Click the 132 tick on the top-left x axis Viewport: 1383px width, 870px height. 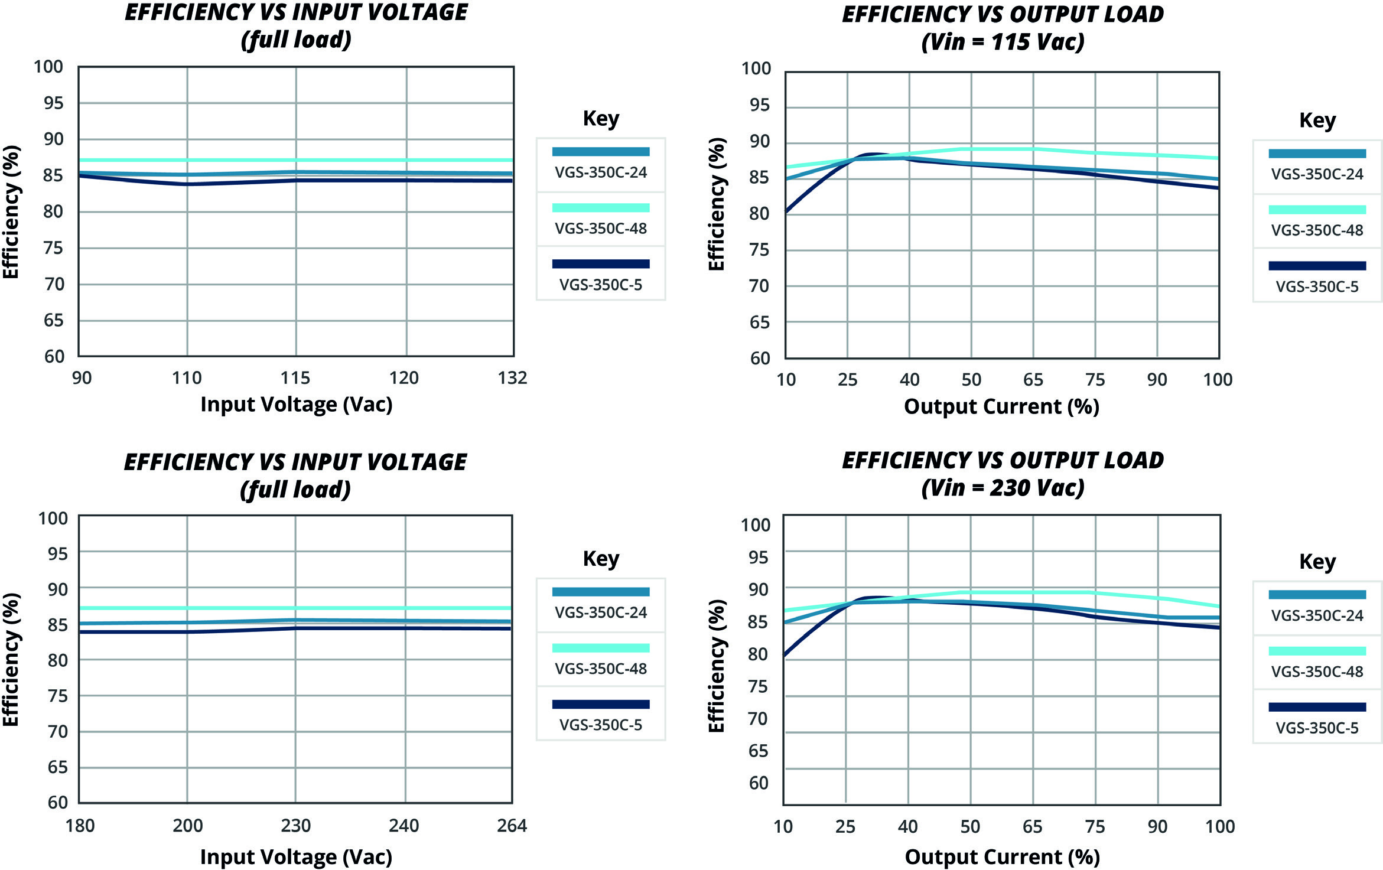512,378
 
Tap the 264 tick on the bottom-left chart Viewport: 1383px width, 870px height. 512,825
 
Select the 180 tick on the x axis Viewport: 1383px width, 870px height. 80,825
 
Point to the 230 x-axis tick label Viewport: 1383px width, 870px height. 295,825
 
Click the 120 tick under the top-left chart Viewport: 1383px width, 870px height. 404,378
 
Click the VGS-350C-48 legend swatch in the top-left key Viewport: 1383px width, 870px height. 600,208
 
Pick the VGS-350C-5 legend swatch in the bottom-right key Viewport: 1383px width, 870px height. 1317,707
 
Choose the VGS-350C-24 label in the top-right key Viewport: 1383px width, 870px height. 1317,174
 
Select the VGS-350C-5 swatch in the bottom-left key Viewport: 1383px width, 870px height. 600,704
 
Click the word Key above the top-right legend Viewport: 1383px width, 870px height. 1317,120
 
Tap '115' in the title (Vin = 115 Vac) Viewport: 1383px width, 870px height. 1011,42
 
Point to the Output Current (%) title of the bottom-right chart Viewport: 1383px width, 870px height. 1002,856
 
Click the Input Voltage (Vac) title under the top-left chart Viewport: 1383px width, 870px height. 296,405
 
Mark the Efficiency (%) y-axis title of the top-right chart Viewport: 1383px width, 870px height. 716,204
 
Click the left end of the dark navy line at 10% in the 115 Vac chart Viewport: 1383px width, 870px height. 787,210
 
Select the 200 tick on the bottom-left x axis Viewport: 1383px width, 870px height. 187,825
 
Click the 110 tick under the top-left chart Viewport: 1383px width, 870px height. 187,378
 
